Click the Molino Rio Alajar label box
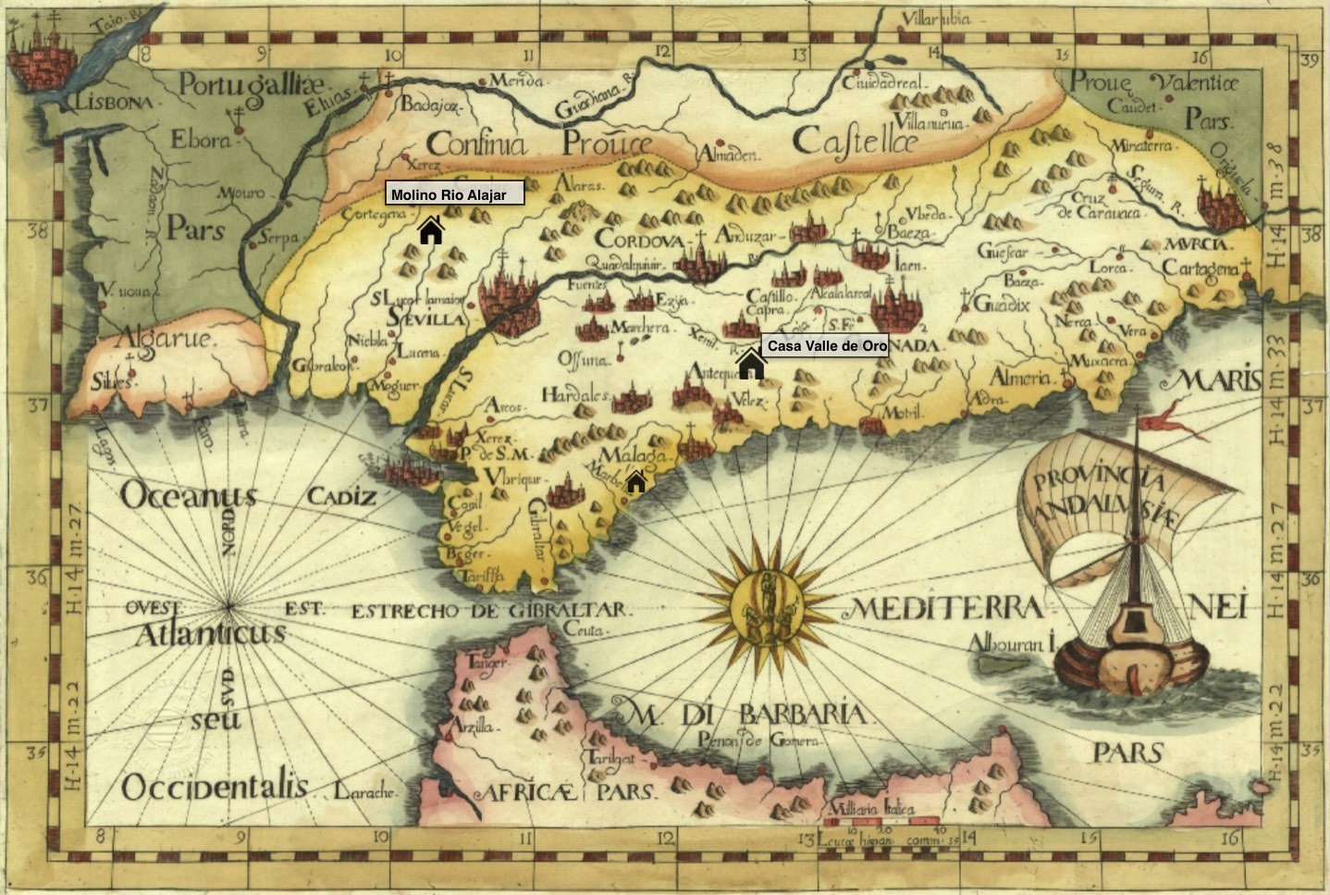pos(454,193)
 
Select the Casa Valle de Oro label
pos(827,346)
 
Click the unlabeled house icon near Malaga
pos(636,481)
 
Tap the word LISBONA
pos(115,103)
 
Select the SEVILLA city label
pos(426,319)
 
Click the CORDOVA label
pos(639,240)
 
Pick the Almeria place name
pos(1020,378)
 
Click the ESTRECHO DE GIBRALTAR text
pos(490,611)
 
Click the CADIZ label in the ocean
pos(342,497)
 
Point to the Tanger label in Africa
pos(488,663)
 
